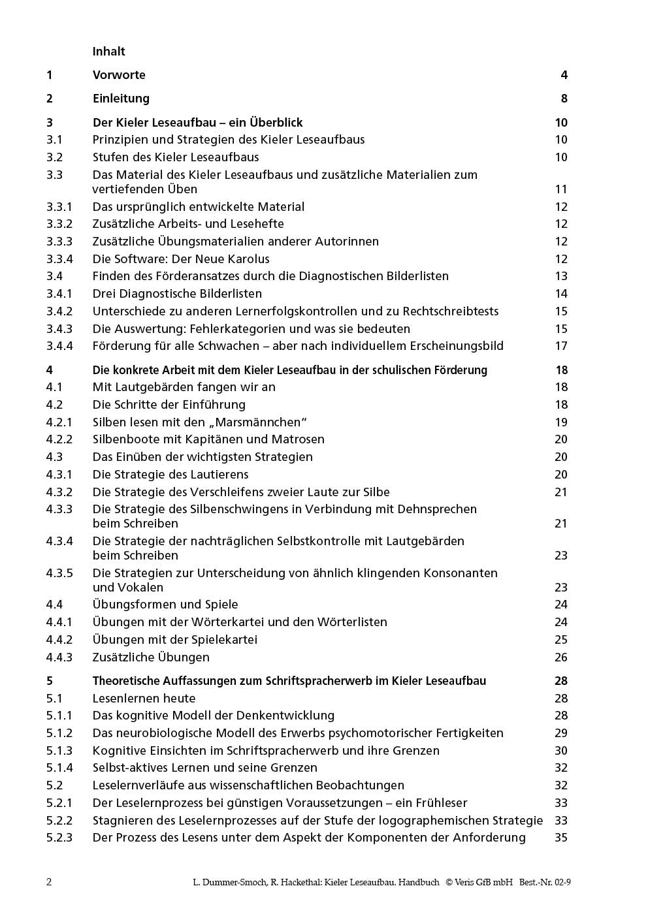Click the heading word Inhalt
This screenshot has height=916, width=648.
click(108, 52)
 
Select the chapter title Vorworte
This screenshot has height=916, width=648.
click(119, 75)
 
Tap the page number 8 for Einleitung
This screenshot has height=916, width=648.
click(564, 99)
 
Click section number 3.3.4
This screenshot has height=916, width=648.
click(59, 259)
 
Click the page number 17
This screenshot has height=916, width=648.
click(561, 346)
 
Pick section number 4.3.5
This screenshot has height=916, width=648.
click(59, 573)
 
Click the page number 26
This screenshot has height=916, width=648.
click(561, 657)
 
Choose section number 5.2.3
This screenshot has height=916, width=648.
click(59, 838)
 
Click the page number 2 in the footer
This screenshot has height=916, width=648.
click(49, 882)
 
